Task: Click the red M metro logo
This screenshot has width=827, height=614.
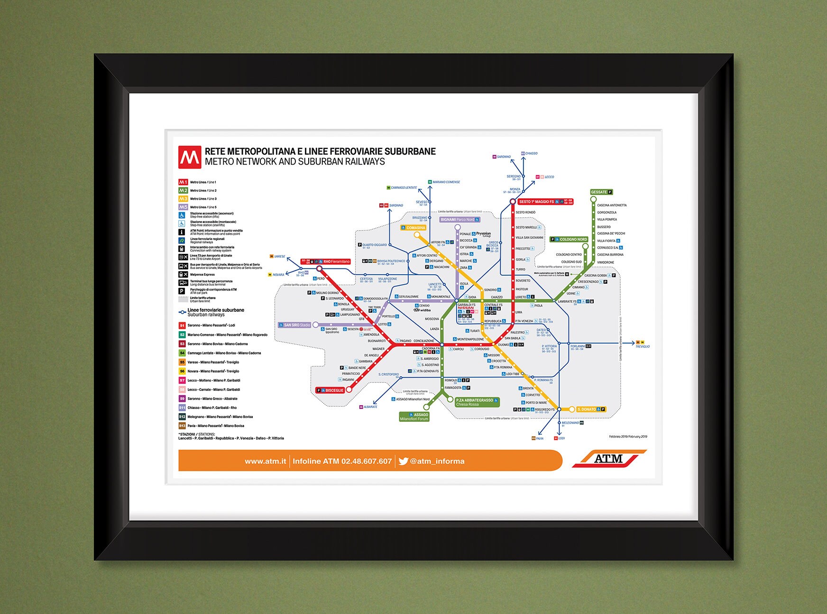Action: point(190,157)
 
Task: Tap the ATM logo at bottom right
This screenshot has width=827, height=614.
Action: point(609,459)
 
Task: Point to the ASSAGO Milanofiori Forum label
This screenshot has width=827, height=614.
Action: point(414,417)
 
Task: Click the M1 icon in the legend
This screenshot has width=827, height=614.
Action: point(183,182)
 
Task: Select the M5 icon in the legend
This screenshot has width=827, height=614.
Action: point(183,207)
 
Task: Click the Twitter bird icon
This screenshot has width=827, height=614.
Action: point(403,461)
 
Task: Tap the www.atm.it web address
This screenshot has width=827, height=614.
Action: point(265,461)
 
